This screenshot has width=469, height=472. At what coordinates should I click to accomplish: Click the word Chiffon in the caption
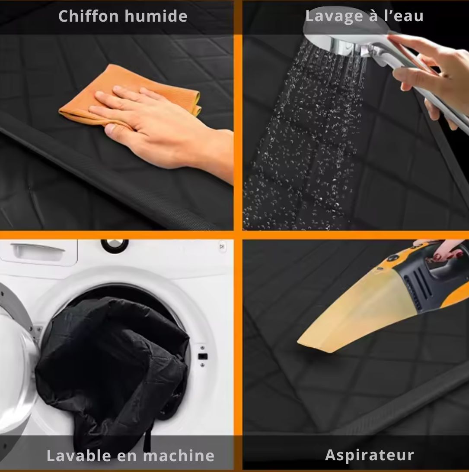(89, 16)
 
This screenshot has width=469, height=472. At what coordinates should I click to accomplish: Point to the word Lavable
(79, 456)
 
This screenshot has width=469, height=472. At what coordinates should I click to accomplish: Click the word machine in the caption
(179, 456)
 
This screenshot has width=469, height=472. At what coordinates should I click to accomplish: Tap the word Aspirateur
(369, 455)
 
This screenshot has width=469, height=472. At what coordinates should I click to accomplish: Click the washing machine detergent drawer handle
(38, 249)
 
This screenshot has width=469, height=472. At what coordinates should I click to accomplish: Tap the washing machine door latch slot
(202, 356)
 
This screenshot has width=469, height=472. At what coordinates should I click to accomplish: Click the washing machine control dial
(115, 244)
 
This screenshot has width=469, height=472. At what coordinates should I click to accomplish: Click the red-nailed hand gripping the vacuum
(442, 250)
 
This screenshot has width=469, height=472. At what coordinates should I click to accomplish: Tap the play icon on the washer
(222, 246)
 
